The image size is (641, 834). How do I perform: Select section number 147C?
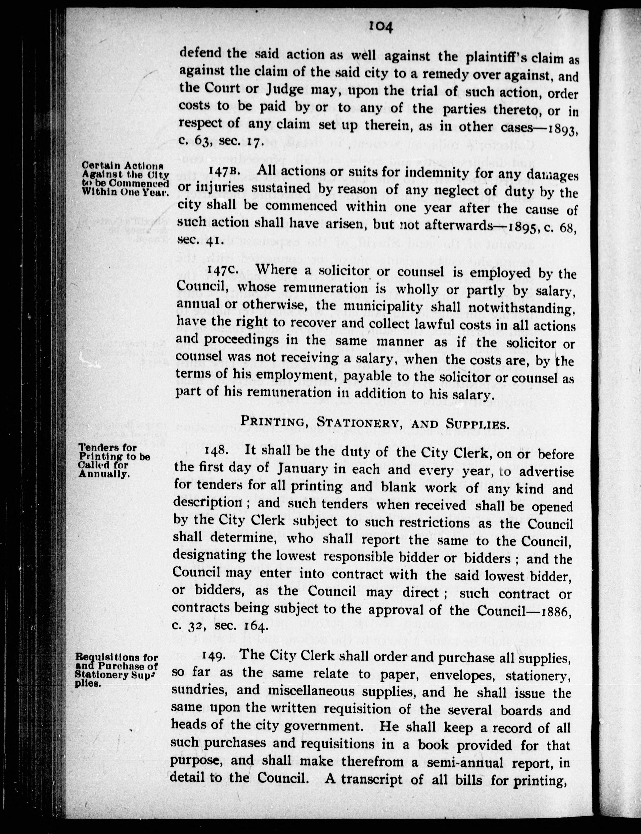click(x=222, y=270)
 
